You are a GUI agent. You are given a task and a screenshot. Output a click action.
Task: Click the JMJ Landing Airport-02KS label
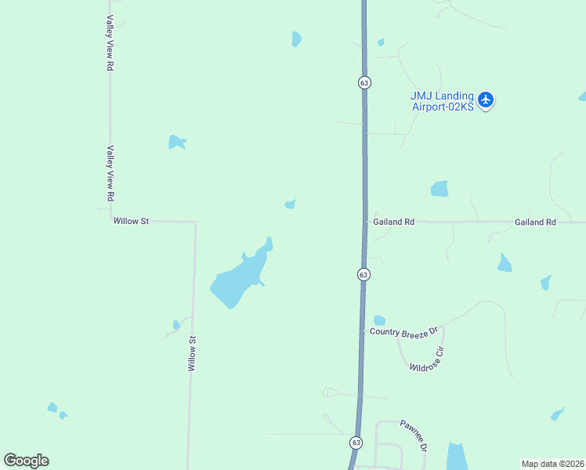tap(443, 101)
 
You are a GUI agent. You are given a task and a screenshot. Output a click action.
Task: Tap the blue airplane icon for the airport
tap(486, 99)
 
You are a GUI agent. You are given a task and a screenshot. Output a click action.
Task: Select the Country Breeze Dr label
tap(406, 332)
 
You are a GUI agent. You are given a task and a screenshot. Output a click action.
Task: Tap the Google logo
tap(26, 461)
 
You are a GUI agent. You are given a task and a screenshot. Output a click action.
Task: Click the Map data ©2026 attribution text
tap(553, 464)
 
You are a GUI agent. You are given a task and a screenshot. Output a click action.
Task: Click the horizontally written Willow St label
tap(131, 222)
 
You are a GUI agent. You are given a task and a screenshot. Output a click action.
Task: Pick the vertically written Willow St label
tap(190, 353)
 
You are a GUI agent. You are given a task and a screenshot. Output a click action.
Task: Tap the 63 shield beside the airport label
tap(365, 82)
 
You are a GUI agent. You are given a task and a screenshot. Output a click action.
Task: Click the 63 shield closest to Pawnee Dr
tap(356, 443)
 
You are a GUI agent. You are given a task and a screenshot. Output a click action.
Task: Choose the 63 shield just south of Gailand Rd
tap(364, 274)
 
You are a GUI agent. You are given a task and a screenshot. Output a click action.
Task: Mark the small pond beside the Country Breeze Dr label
tap(380, 320)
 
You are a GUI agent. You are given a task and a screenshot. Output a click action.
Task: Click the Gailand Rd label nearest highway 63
tap(393, 222)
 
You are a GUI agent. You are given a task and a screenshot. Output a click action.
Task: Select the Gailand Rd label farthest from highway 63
tap(535, 222)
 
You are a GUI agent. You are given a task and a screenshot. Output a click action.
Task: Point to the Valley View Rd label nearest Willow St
tap(110, 172)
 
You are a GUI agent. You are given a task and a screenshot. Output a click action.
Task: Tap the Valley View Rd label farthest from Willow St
tap(110, 44)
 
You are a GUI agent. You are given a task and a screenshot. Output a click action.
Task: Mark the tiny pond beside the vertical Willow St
tap(176, 325)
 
